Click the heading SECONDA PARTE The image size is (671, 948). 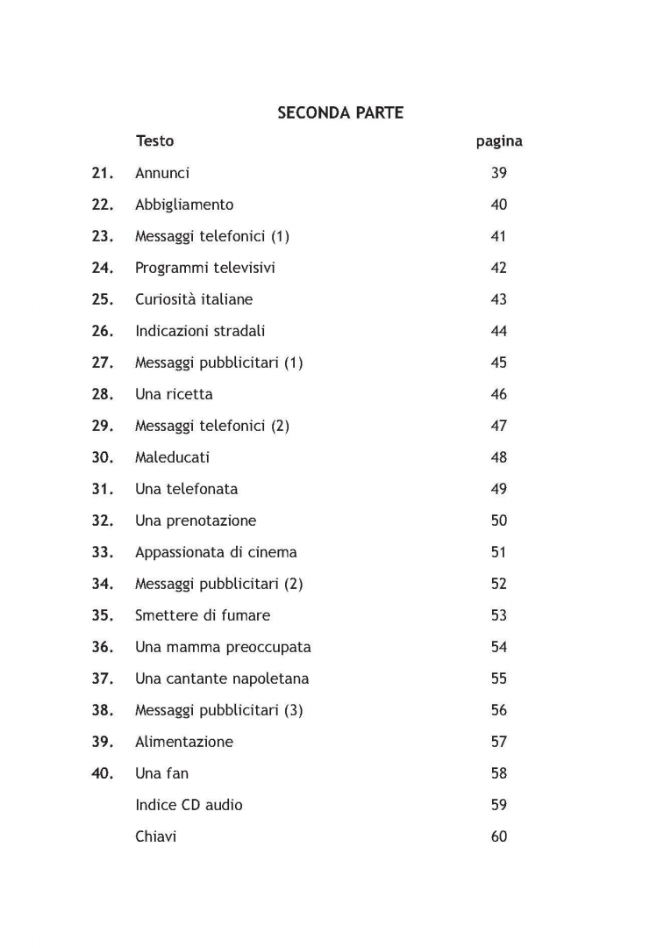point(340,113)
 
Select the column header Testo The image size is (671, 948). point(154,141)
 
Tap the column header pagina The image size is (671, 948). point(499,141)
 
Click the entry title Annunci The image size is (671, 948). point(162,173)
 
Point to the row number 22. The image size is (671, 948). point(103,205)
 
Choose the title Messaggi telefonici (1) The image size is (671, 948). point(211,236)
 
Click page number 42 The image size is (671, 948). point(499,268)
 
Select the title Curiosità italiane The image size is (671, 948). point(194,299)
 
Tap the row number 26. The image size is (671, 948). point(103,331)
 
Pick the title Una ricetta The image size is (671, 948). point(174,394)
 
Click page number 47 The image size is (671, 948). point(499,426)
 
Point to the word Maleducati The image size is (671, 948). point(172,457)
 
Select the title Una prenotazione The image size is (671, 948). point(196,521)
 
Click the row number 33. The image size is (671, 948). point(103,552)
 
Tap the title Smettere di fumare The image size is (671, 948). point(203,615)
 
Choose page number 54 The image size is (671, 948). point(499,647)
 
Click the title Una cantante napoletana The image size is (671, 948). point(222,679)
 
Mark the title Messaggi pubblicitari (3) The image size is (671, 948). point(218,710)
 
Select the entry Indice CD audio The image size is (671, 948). point(189,805)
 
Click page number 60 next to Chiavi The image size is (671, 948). point(499,837)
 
